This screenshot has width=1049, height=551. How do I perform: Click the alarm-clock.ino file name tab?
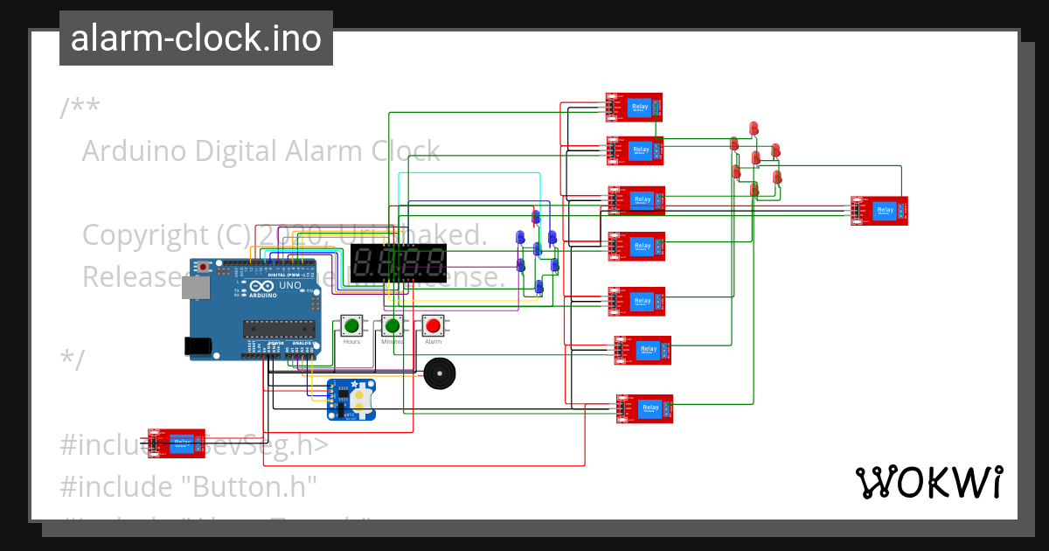[196, 38]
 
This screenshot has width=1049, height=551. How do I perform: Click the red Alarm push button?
[433, 326]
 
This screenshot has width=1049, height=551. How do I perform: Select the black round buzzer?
[440, 373]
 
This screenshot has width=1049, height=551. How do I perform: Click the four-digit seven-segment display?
[399, 262]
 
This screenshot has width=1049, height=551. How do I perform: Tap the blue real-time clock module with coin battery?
[351, 399]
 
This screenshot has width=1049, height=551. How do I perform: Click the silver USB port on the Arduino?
[199, 289]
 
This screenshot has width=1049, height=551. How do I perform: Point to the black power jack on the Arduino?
[199, 346]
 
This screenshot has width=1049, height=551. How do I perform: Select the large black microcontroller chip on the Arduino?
[278, 329]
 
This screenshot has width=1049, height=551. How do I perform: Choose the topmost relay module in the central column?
[634, 108]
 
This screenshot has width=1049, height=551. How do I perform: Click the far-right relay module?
[879, 211]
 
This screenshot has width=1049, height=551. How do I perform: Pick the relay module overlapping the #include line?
[177, 443]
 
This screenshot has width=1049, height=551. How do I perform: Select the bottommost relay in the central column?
[645, 408]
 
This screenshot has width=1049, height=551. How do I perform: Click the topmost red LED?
[754, 129]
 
